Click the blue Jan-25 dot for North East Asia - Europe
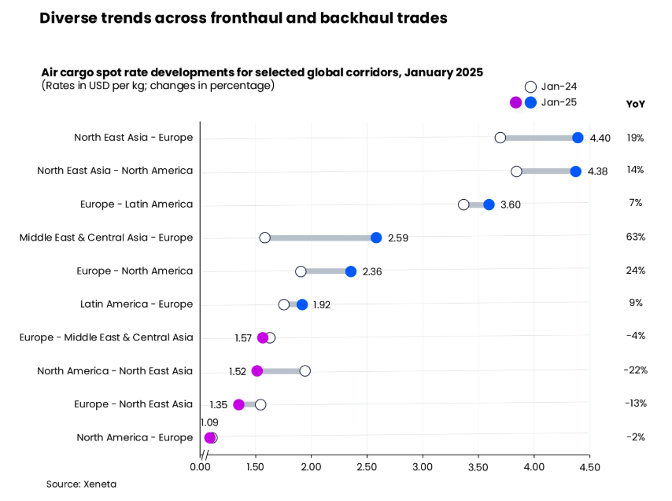tap(578, 138)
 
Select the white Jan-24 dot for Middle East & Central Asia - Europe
tap(265, 238)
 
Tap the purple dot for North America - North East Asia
tap(257, 370)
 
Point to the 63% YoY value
tap(636, 237)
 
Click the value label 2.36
tap(372, 271)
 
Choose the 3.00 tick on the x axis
tap(423, 466)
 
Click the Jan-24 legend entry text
tap(559, 87)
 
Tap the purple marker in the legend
tap(515, 102)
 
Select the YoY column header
tap(635, 104)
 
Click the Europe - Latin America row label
tap(136, 204)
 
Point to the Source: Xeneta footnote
tap(81, 484)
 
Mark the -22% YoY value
tap(635, 370)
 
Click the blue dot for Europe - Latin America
tap(489, 204)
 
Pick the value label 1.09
tap(209, 422)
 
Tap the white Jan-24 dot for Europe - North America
tap(301, 271)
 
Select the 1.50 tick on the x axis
tap(256, 466)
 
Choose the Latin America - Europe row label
tap(136, 304)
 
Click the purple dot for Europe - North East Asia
tap(238, 404)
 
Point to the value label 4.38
tap(598, 171)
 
